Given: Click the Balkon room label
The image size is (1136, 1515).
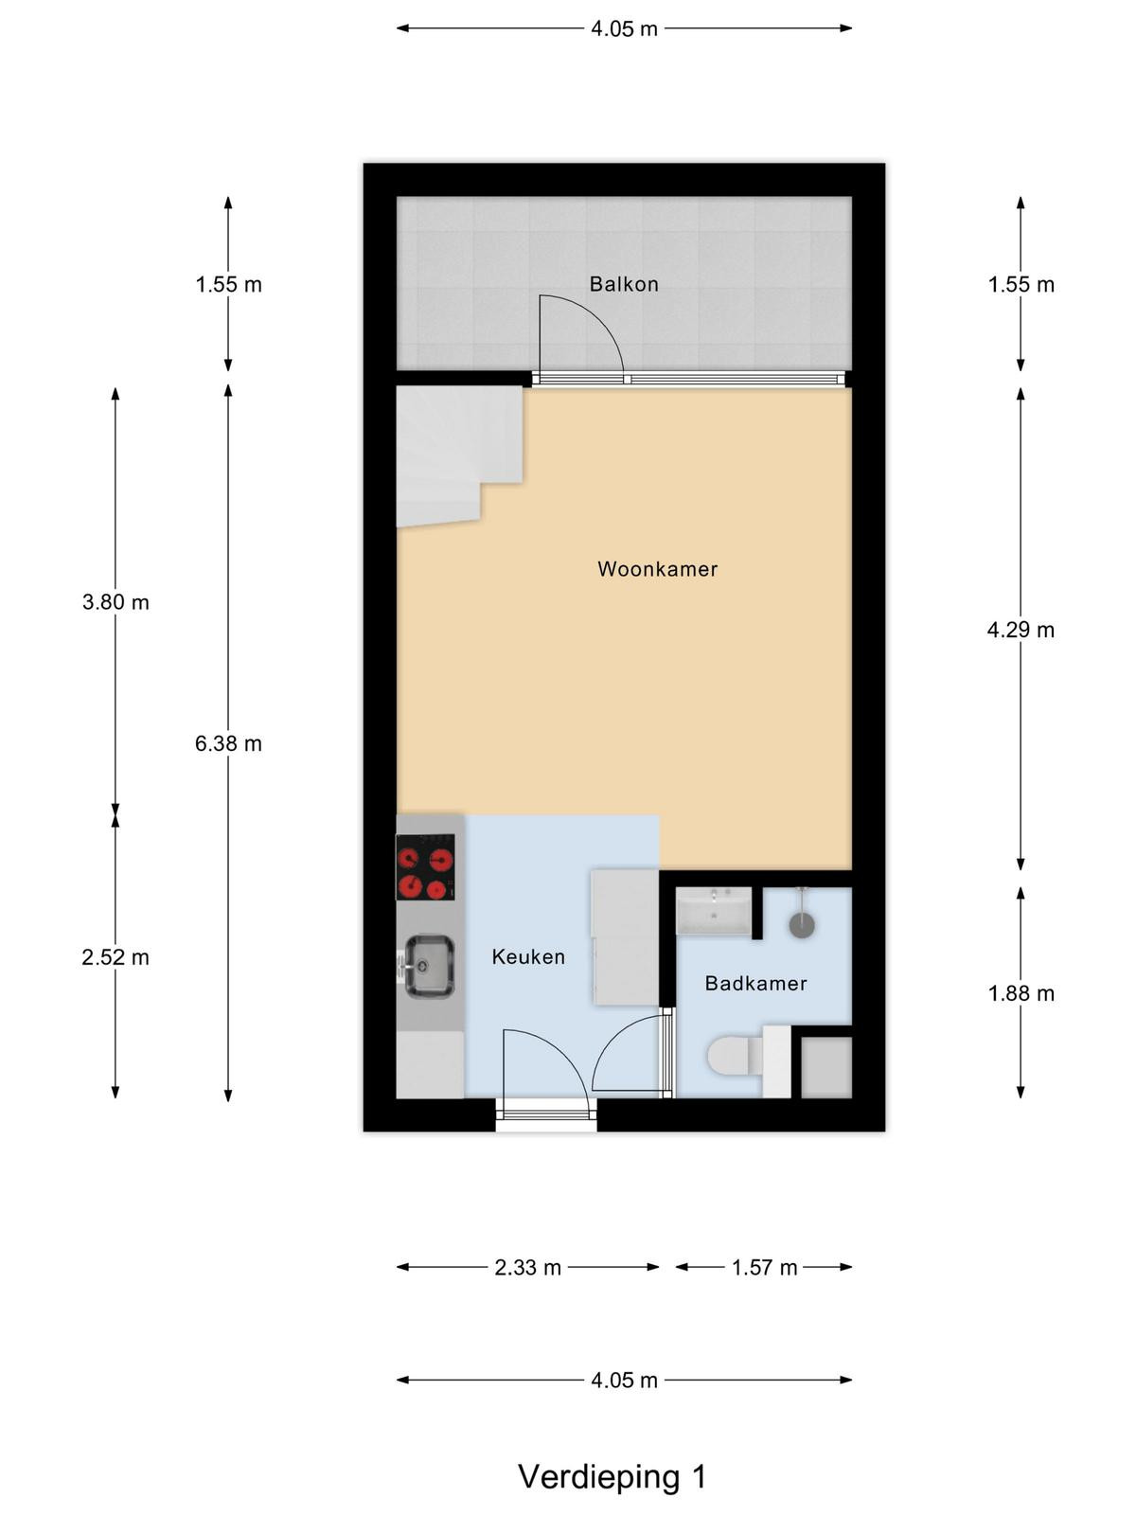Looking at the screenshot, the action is (624, 284).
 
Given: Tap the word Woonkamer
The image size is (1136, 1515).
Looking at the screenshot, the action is (657, 569).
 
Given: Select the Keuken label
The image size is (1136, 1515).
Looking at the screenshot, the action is (528, 956).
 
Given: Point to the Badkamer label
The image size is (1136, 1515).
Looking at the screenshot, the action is (756, 983).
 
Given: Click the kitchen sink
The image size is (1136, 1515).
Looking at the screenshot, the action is (428, 967).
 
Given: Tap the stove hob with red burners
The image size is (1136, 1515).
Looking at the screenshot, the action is (426, 867).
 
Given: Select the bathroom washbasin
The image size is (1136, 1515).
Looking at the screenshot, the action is (714, 911).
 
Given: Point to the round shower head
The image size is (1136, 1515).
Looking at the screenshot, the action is (802, 925).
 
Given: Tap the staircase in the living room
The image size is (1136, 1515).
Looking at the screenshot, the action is (459, 455).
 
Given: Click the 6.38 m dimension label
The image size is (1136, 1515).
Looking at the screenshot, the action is (228, 743).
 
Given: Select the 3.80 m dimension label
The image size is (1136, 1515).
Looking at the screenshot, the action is (115, 602).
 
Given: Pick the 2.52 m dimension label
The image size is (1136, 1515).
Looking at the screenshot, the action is (115, 957).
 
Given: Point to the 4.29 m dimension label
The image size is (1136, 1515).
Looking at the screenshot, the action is (1021, 630).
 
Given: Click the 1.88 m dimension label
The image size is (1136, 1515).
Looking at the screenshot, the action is (1021, 993).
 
